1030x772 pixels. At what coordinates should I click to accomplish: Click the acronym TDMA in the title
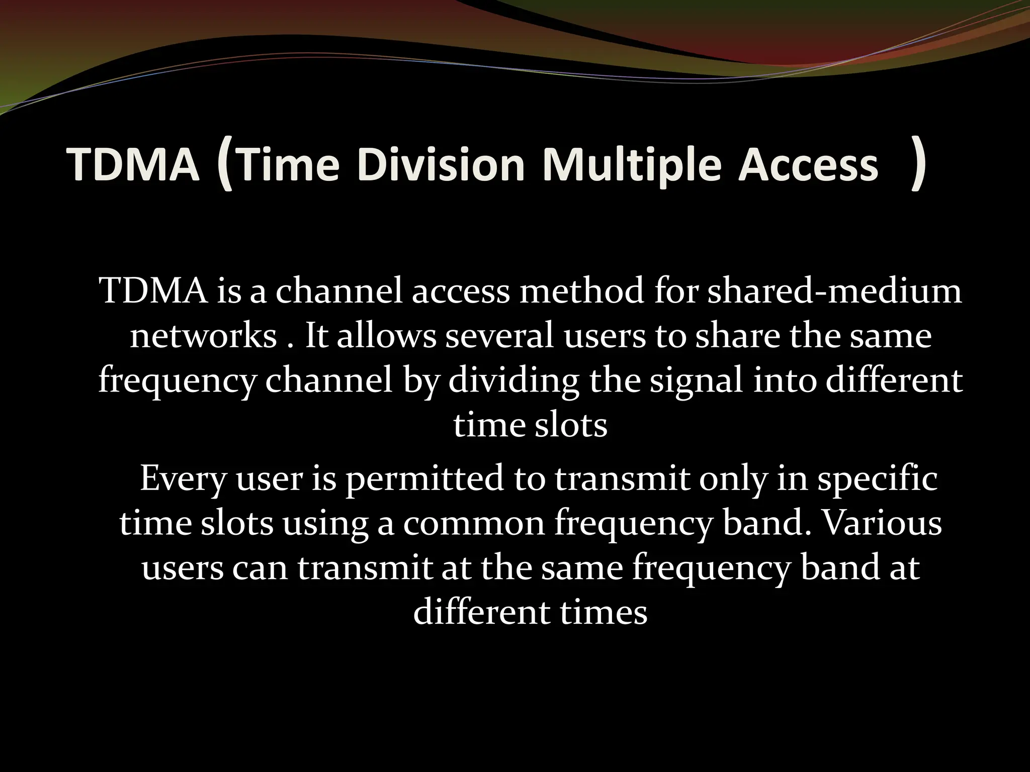click(133, 165)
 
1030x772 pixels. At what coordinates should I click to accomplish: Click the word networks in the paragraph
click(203, 336)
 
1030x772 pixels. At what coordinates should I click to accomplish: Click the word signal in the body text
click(696, 381)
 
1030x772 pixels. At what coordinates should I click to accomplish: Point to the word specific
click(877, 478)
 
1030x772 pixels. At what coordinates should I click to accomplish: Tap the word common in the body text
click(474, 523)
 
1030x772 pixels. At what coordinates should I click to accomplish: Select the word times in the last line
click(603, 613)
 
